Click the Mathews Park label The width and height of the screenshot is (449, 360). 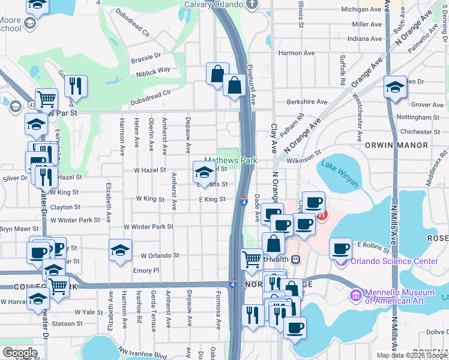point(231,161)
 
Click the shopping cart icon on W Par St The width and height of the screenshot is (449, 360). point(46,100)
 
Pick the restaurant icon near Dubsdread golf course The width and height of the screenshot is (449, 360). point(76,86)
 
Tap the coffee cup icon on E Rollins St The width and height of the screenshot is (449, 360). point(341,248)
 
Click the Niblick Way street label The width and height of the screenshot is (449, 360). point(152,70)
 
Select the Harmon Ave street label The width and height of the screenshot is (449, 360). point(297,53)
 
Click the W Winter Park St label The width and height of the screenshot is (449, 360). point(148,227)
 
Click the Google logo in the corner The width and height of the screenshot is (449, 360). point(20,353)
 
